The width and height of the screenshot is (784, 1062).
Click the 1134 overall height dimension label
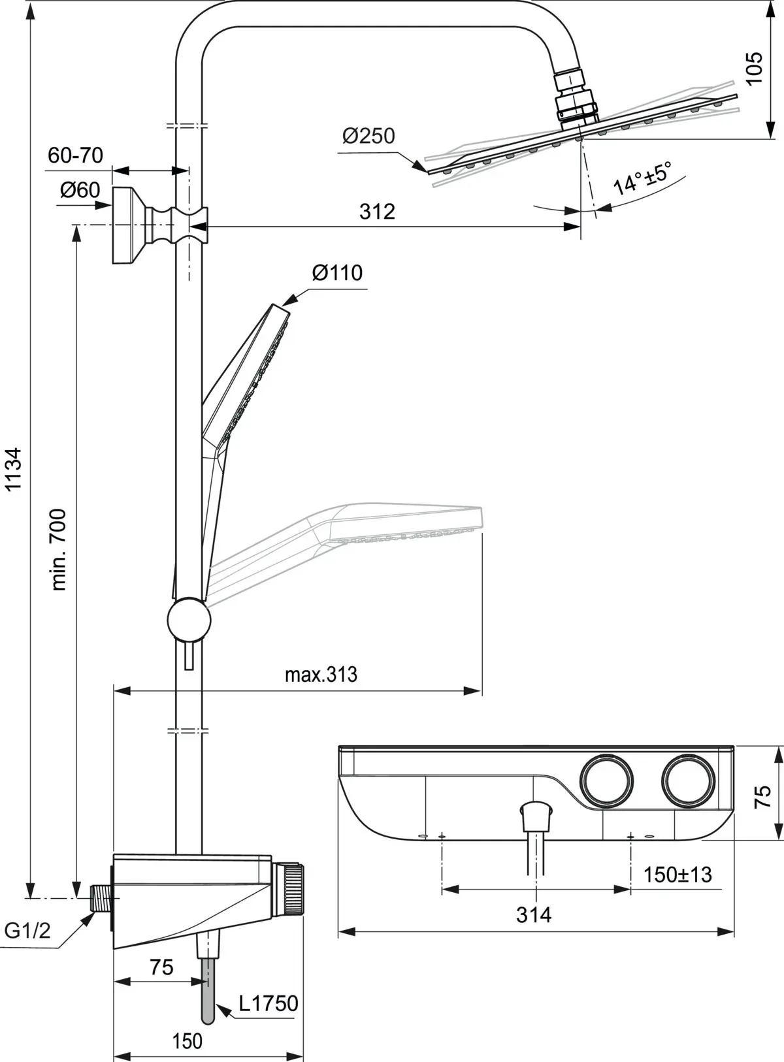click(x=13, y=469)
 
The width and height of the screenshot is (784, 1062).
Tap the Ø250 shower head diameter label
click(x=368, y=136)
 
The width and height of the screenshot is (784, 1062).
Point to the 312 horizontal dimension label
click(x=378, y=211)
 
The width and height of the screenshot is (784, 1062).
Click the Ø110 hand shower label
click(x=337, y=272)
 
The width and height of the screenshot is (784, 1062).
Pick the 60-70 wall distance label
click(x=76, y=155)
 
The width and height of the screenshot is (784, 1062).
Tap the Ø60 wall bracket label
click(x=80, y=190)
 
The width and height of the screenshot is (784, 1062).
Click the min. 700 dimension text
click(x=58, y=550)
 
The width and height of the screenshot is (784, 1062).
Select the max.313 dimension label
click(x=321, y=675)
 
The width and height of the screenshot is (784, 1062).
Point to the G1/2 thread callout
click(x=27, y=930)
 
